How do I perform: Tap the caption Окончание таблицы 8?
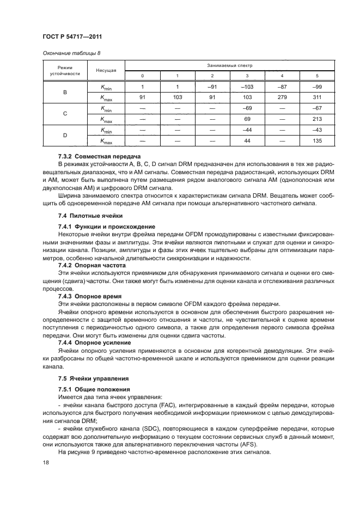[69, 53]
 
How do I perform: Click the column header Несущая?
[106, 70]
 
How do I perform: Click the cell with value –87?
[282, 86]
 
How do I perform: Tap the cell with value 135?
[317, 142]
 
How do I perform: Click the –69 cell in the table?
[247, 109]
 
